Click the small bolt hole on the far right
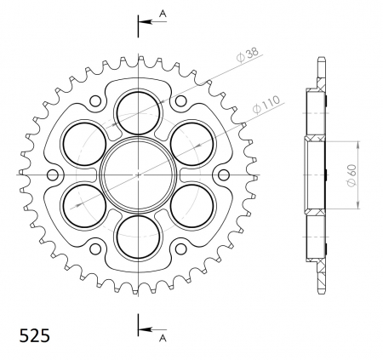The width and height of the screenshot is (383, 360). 224,174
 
